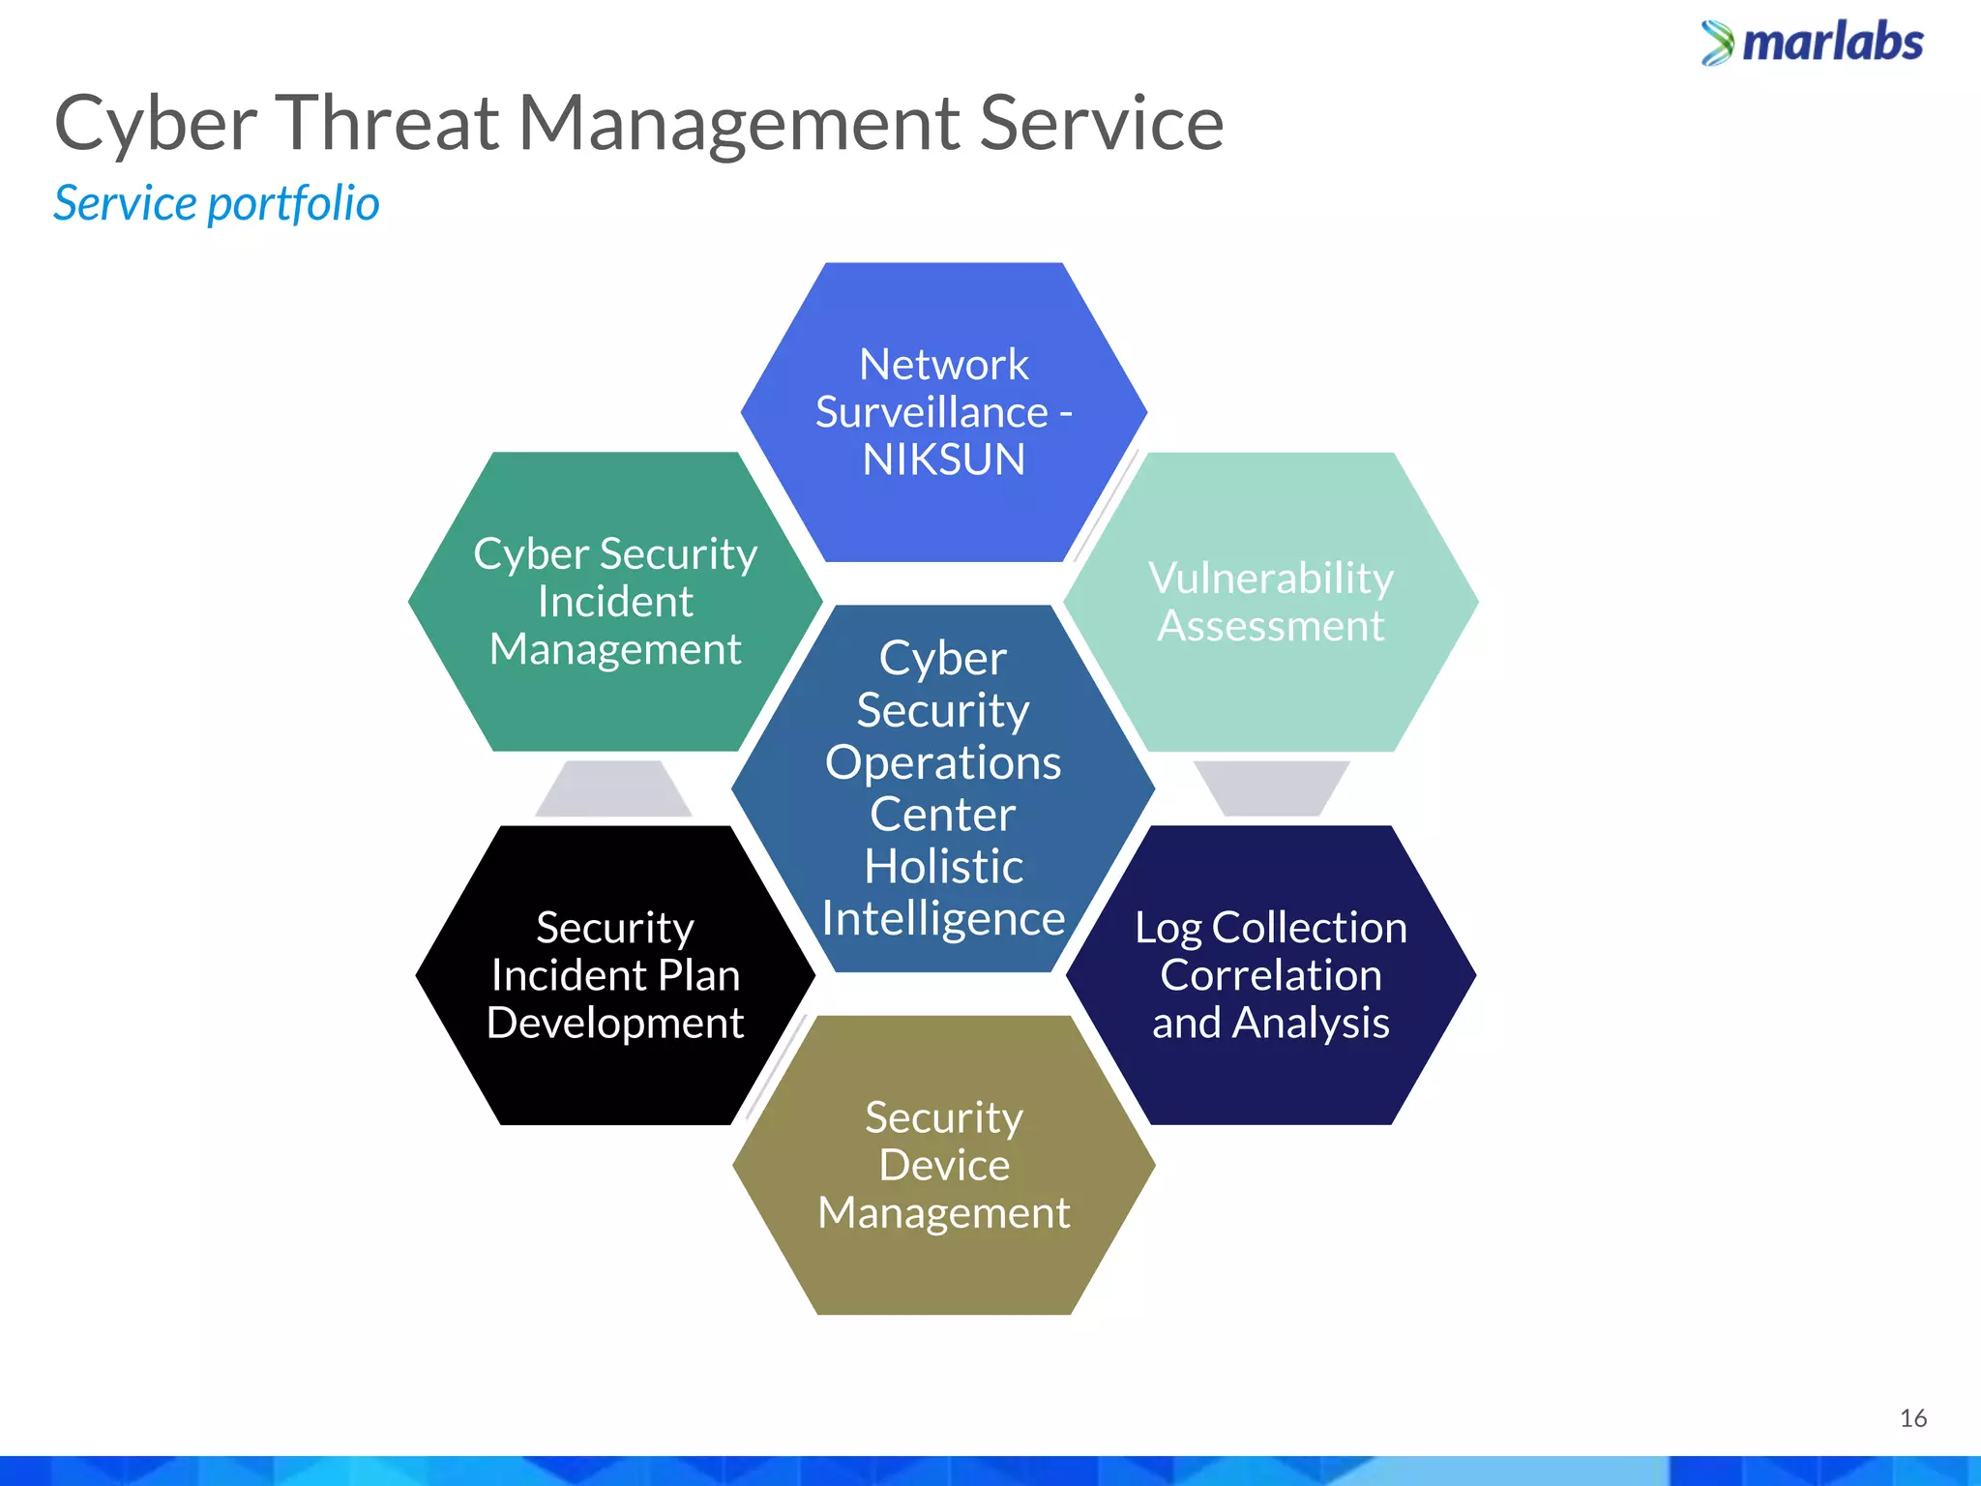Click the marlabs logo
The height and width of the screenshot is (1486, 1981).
point(1812,44)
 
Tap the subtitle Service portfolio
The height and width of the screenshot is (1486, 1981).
point(216,204)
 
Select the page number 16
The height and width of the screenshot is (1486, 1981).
point(1912,1418)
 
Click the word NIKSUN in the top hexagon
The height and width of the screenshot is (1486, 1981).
point(943,460)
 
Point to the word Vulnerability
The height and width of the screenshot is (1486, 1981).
point(1270,579)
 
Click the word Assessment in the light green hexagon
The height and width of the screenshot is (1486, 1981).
point(1270,626)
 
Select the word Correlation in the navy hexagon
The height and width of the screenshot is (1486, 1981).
point(1270,975)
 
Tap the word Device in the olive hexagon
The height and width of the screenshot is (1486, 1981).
point(943,1165)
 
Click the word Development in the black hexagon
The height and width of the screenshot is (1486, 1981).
point(615,1024)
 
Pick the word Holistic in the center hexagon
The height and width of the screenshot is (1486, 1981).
point(943,867)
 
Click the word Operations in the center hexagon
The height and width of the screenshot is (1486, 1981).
point(943,763)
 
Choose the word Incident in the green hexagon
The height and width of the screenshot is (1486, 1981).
point(615,602)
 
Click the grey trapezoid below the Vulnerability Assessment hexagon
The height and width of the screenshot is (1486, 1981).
point(1270,787)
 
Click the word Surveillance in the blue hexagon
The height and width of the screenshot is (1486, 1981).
point(931,413)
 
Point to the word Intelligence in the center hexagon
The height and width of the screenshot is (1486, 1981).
point(943,919)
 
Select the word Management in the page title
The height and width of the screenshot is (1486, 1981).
point(739,124)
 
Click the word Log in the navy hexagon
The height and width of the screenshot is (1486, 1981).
point(1168,929)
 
